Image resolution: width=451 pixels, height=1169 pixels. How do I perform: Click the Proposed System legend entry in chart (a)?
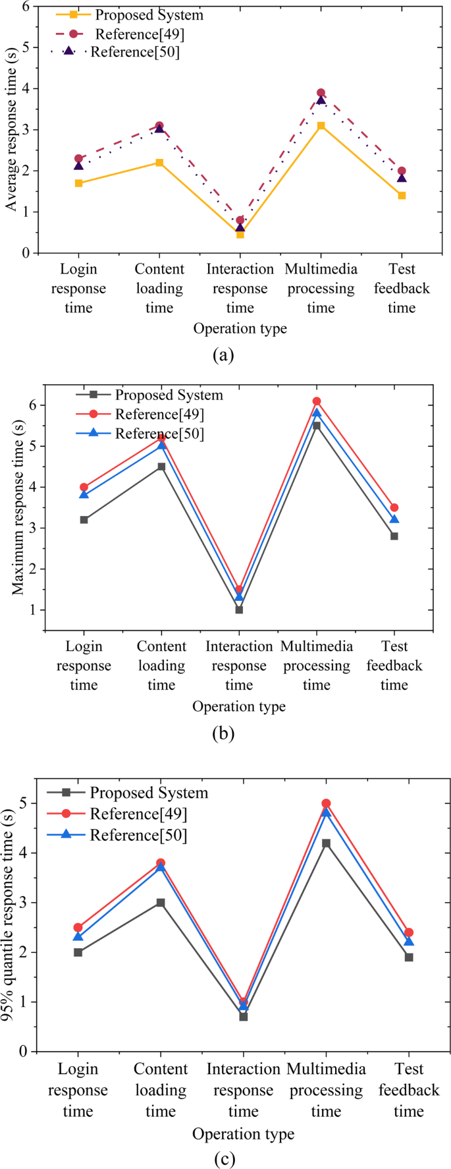tap(149, 14)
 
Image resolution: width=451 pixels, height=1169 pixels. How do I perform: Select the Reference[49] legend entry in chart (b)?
tap(159, 414)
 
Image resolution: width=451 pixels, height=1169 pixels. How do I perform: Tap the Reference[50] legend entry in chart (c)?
tap(138, 836)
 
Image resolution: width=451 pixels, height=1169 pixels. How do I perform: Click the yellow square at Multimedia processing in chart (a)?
tap(321, 125)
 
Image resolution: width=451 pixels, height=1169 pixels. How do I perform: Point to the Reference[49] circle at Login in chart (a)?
tap(79, 158)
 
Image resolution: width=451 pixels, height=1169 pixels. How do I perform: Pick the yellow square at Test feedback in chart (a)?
tap(402, 196)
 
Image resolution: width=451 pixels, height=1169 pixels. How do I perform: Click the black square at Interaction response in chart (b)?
tap(239, 610)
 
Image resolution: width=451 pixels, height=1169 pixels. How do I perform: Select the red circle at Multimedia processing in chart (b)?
tap(317, 401)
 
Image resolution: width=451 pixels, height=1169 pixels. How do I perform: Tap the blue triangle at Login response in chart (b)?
tap(84, 494)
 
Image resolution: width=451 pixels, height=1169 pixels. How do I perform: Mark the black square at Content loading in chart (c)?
tap(161, 903)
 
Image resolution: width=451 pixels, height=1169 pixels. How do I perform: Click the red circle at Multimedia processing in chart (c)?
tap(326, 804)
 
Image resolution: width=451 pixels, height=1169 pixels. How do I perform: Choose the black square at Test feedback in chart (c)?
tap(409, 957)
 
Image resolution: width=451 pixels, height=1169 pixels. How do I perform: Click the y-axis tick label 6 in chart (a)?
tap(26, 7)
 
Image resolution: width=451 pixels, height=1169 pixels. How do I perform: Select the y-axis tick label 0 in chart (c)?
tap(24, 1052)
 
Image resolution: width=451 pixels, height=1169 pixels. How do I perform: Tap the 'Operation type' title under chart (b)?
tap(239, 706)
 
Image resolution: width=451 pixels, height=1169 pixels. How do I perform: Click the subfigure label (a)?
tap(224, 355)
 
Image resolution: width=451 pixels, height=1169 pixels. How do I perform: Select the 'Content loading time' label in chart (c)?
tap(161, 1090)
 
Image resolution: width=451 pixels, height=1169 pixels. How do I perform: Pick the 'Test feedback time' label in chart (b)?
tap(394, 666)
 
